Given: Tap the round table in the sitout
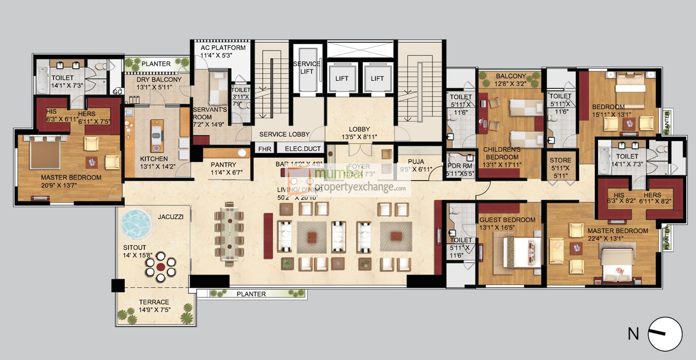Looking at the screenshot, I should [x=161, y=267].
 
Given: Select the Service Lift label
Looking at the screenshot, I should [x=307, y=68].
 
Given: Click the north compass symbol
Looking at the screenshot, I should [x=665, y=334].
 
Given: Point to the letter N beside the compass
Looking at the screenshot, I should [x=633, y=334].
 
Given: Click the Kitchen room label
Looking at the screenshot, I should [x=155, y=159].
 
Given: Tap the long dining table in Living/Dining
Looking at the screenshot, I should [x=229, y=233].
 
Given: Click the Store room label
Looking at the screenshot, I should [x=560, y=161].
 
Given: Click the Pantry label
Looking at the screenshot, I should [x=223, y=165].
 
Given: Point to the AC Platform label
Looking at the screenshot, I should [x=223, y=48].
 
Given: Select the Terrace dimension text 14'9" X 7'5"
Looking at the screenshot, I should [x=154, y=310].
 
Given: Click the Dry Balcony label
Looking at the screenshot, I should [x=152, y=79].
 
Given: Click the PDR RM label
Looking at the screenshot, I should [x=460, y=167].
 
